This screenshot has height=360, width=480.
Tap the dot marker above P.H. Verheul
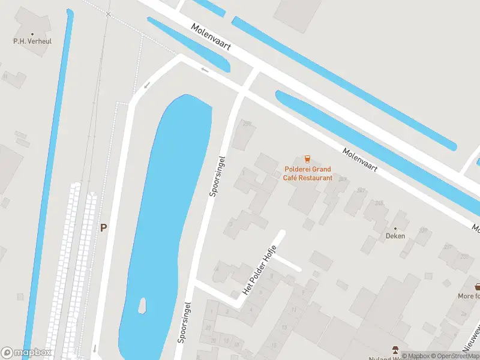tap(32, 34)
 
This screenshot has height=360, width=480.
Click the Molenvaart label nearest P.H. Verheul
tap(211, 37)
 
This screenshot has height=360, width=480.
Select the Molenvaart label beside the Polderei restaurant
tap(361, 160)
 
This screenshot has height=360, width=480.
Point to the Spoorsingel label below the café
tap(217, 176)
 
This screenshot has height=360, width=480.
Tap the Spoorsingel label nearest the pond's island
tap(184, 322)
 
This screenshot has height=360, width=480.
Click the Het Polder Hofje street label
tap(259, 271)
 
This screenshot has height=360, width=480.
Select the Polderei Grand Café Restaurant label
tap(308, 173)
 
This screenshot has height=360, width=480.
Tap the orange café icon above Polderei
tap(307, 159)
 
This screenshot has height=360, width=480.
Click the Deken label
tap(395, 236)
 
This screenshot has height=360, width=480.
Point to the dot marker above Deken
tap(395, 228)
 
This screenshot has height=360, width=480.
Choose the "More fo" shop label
tap(469, 296)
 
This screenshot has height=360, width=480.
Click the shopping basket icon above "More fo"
tap(477, 287)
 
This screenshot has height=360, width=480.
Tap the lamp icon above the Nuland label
tap(395, 349)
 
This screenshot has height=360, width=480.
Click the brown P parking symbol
tap(103, 228)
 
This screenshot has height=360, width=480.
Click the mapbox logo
tap(26, 353)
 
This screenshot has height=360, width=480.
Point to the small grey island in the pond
tap(143, 306)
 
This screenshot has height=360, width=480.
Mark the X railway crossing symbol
tap(108, 14)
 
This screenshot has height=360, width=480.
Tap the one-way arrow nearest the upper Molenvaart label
tap(205, 70)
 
